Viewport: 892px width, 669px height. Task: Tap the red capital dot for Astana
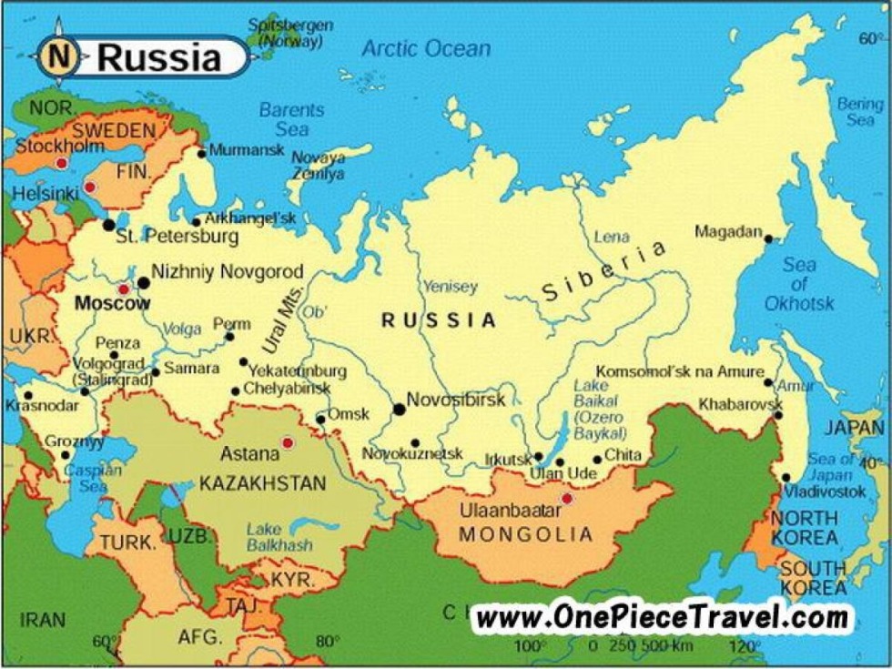[x=288, y=443]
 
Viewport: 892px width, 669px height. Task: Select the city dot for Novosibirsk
[x=399, y=410]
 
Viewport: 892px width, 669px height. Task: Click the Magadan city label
[x=727, y=232]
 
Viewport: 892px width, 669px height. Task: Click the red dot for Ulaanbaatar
[x=567, y=498]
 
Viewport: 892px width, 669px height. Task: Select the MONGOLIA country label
[x=525, y=534]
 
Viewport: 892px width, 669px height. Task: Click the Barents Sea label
[x=291, y=119]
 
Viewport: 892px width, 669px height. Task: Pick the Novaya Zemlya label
[x=318, y=165]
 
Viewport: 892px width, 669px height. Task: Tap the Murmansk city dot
[x=201, y=152]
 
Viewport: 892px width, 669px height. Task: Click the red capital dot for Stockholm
[x=61, y=163]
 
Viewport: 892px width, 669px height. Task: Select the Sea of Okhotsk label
[x=799, y=284]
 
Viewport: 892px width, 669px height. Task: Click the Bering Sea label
[x=859, y=112]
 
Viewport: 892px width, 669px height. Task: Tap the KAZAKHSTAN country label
[x=262, y=483]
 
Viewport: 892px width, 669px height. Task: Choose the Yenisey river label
[x=450, y=287]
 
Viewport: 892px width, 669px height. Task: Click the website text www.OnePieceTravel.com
[x=663, y=618]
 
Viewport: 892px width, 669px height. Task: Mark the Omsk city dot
[x=320, y=420]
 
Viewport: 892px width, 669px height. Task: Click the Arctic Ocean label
[x=426, y=48]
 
